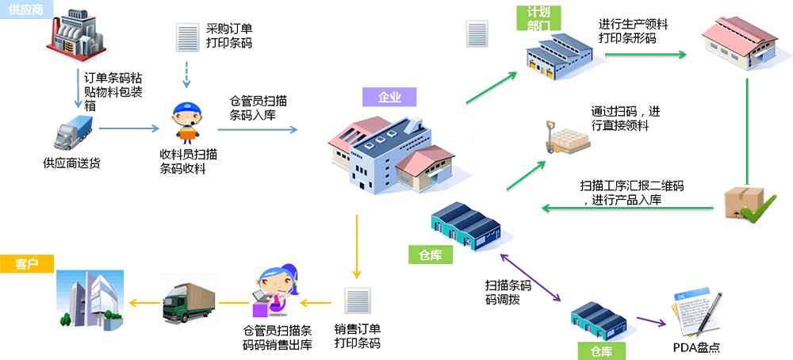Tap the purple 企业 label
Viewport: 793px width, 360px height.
click(389, 98)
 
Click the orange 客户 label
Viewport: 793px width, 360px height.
click(27, 263)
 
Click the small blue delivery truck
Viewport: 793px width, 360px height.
click(73, 132)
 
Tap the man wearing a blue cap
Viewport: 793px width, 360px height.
click(186, 123)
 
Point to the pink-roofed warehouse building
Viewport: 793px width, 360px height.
click(734, 43)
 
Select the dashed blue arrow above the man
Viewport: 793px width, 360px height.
click(186, 74)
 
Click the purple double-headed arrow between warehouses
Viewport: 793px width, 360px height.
click(532, 278)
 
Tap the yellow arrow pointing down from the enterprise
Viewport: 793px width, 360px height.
click(357, 246)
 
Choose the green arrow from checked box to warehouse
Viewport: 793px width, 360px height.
click(627, 209)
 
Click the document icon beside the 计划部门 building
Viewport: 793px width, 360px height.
click(476, 34)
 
